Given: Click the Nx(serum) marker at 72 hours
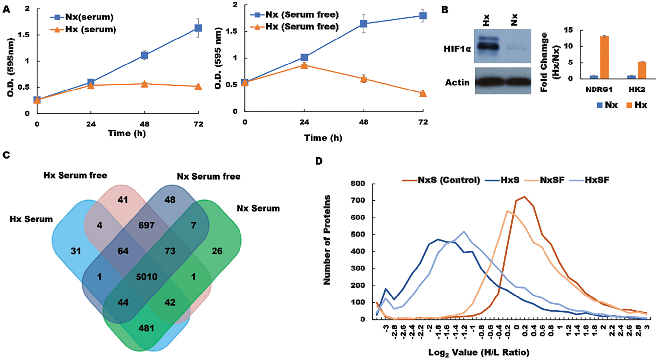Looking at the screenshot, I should [198, 28].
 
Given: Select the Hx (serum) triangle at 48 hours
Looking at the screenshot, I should [144, 84].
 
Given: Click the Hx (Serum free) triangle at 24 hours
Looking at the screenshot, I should [304, 65].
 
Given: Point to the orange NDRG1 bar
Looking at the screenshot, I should [605, 58].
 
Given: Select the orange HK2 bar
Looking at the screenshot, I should [642, 70].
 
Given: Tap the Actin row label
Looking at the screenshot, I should [457, 82].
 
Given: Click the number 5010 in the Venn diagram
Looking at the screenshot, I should [146, 277].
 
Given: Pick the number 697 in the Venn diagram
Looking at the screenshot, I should [146, 225].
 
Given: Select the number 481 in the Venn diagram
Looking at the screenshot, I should [146, 328].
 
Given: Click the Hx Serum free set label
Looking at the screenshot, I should [75, 175].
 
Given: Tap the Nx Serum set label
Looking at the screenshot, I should [258, 208].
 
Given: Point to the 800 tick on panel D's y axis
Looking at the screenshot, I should [358, 183].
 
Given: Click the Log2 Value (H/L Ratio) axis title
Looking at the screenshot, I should [479, 352].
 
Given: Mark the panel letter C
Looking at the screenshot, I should [6, 155].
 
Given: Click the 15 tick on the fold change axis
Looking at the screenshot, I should [568, 30].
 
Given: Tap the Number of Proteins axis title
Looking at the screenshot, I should [327, 240].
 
